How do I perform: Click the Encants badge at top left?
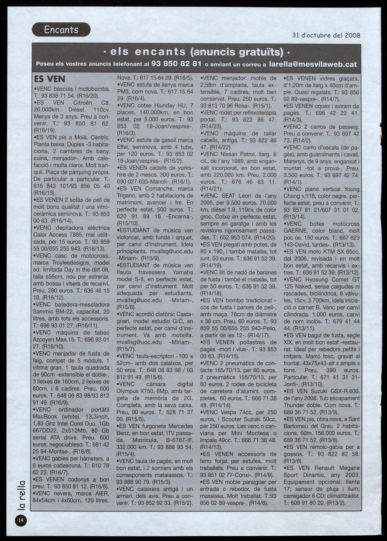(61, 30)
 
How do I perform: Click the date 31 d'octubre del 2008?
(326, 35)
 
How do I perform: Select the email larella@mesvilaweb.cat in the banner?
(313, 64)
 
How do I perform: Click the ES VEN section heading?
(49, 79)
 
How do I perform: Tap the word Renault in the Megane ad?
(326, 468)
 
